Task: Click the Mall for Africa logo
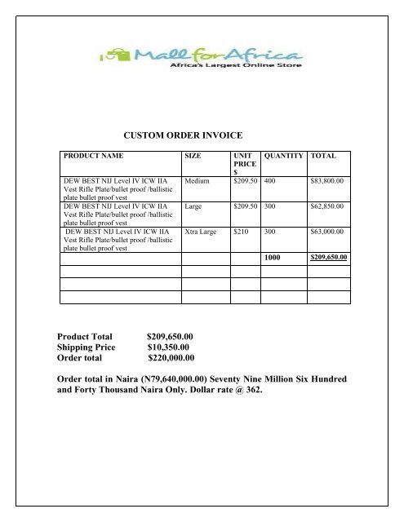(201, 59)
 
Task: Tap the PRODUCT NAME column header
(96, 155)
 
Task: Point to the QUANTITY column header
(279, 155)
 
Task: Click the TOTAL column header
(323, 155)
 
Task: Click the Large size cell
(196, 206)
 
